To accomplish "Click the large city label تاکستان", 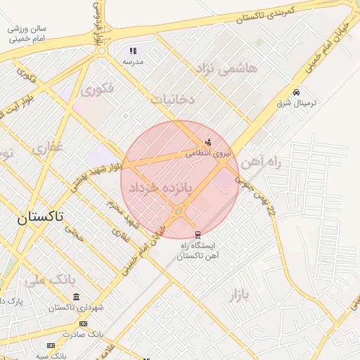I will pyautogui.click(x=40, y=217).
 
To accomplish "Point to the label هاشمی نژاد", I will pyautogui.click(x=228, y=69).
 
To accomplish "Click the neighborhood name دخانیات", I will pyautogui.click(x=172, y=100).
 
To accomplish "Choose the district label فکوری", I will pyautogui.click(x=97, y=90).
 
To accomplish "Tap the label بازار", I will pyautogui.click(x=238, y=295).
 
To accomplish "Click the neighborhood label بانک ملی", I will pyautogui.click(x=50, y=279).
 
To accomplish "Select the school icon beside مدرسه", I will pyautogui.click(x=133, y=51).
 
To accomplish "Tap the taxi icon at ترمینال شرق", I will pyautogui.click(x=296, y=92).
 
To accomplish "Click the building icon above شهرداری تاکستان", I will pyautogui.click(x=76, y=297).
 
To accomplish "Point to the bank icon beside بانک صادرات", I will pyautogui.click(x=84, y=324).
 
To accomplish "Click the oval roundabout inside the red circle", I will pyautogui.click(x=179, y=211).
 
